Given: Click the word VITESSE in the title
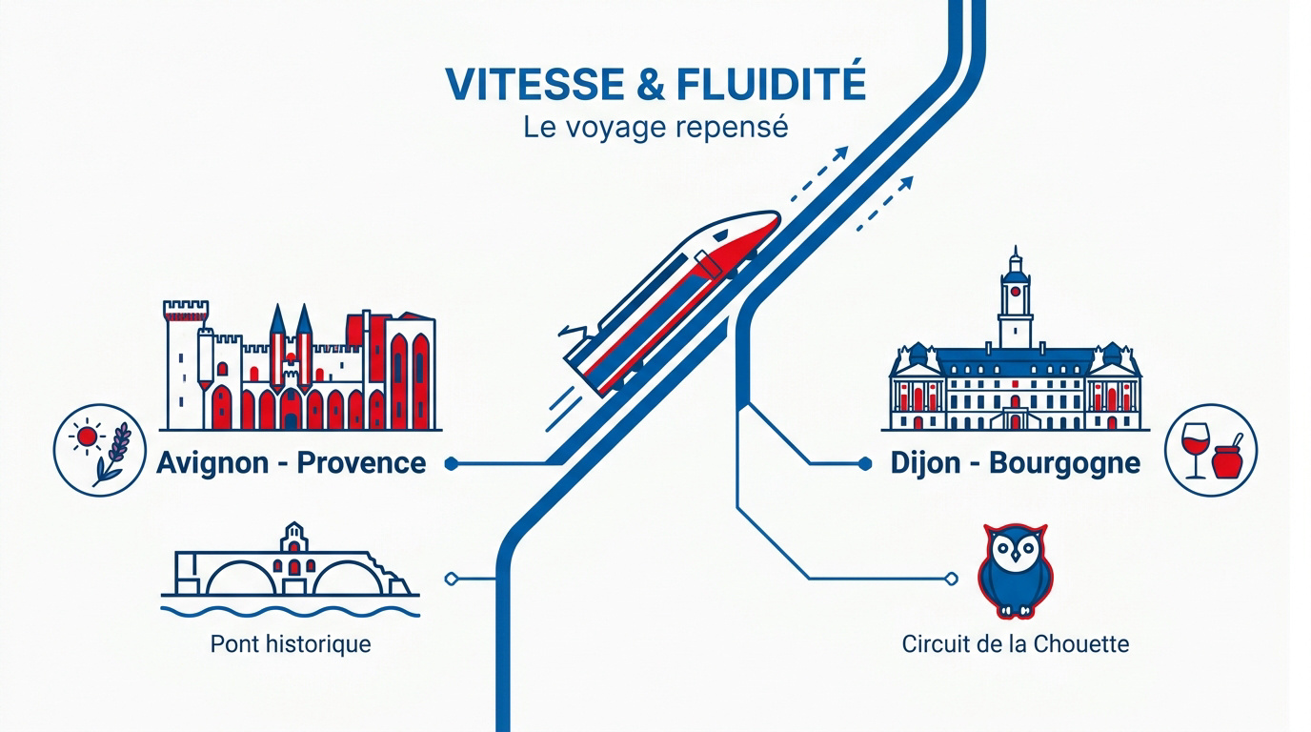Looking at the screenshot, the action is [x=534, y=85].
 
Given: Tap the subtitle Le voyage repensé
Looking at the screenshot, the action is [x=655, y=128].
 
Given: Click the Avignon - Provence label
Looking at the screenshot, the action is [x=291, y=463].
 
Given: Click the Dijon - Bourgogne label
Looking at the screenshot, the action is [x=1016, y=463].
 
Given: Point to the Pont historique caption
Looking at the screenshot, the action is [x=291, y=644].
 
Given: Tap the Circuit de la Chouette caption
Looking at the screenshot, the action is [x=1016, y=644].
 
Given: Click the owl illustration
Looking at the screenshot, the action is [x=1016, y=571].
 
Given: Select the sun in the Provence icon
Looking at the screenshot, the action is [x=87, y=437].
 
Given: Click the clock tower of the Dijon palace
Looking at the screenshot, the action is [x=1016, y=298].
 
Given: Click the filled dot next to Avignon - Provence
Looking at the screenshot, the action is [x=451, y=464].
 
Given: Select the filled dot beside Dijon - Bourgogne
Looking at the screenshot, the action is [x=864, y=464].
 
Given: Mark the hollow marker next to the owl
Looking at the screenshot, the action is [x=952, y=579].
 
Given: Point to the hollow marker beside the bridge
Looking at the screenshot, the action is [x=451, y=579].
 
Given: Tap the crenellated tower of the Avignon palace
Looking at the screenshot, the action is [x=186, y=363].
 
